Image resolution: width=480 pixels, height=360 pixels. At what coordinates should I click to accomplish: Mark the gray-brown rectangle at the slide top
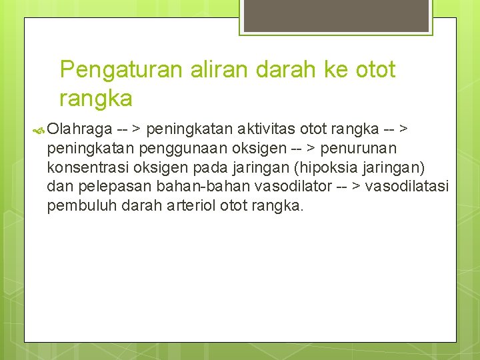coord(336,15)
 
